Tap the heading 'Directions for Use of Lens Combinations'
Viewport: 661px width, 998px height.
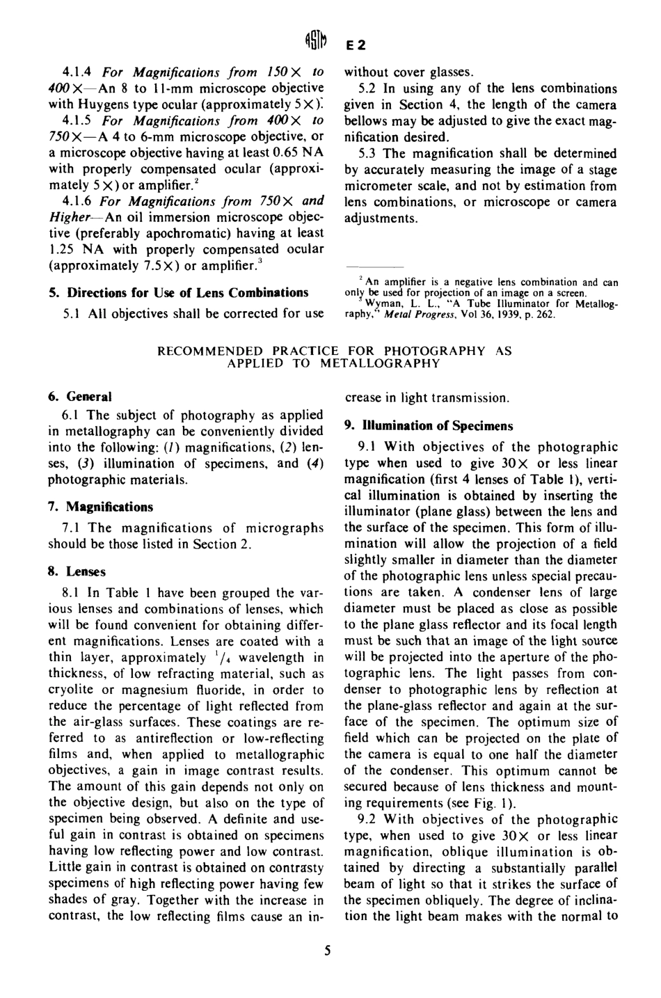[x=178, y=292]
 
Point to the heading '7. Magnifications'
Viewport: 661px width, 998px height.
[x=100, y=507]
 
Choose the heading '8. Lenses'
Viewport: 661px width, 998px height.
[x=77, y=571]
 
